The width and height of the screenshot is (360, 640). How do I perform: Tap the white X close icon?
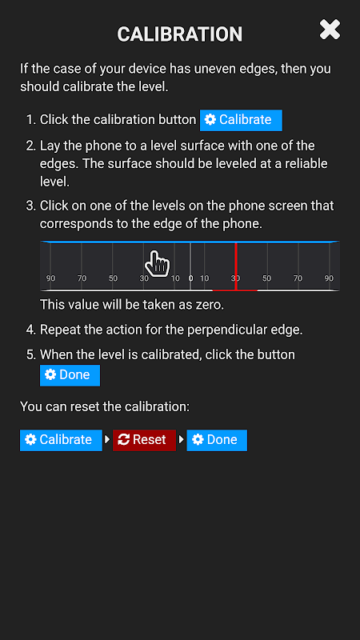point(330,30)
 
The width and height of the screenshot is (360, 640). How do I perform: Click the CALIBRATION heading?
point(179,34)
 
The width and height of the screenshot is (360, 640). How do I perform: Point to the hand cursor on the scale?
point(157,264)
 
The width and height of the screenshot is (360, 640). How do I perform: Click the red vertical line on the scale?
point(236,266)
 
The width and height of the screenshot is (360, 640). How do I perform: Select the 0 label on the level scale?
point(190,278)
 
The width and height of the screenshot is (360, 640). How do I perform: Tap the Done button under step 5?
point(70,375)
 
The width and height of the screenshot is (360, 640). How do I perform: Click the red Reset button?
point(144,440)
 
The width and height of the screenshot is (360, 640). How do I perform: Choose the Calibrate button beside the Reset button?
point(61,440)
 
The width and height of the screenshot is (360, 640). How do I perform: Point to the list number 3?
point(31,206)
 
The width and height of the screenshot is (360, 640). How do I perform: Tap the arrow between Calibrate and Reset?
point(107,439)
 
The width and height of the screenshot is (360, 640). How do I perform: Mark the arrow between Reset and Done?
point(182,439)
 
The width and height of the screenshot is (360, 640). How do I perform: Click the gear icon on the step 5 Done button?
point(50,374)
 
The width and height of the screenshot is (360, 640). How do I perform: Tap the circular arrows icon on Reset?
point(123,439)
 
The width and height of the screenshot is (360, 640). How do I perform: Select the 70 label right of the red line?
point(298,278)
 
